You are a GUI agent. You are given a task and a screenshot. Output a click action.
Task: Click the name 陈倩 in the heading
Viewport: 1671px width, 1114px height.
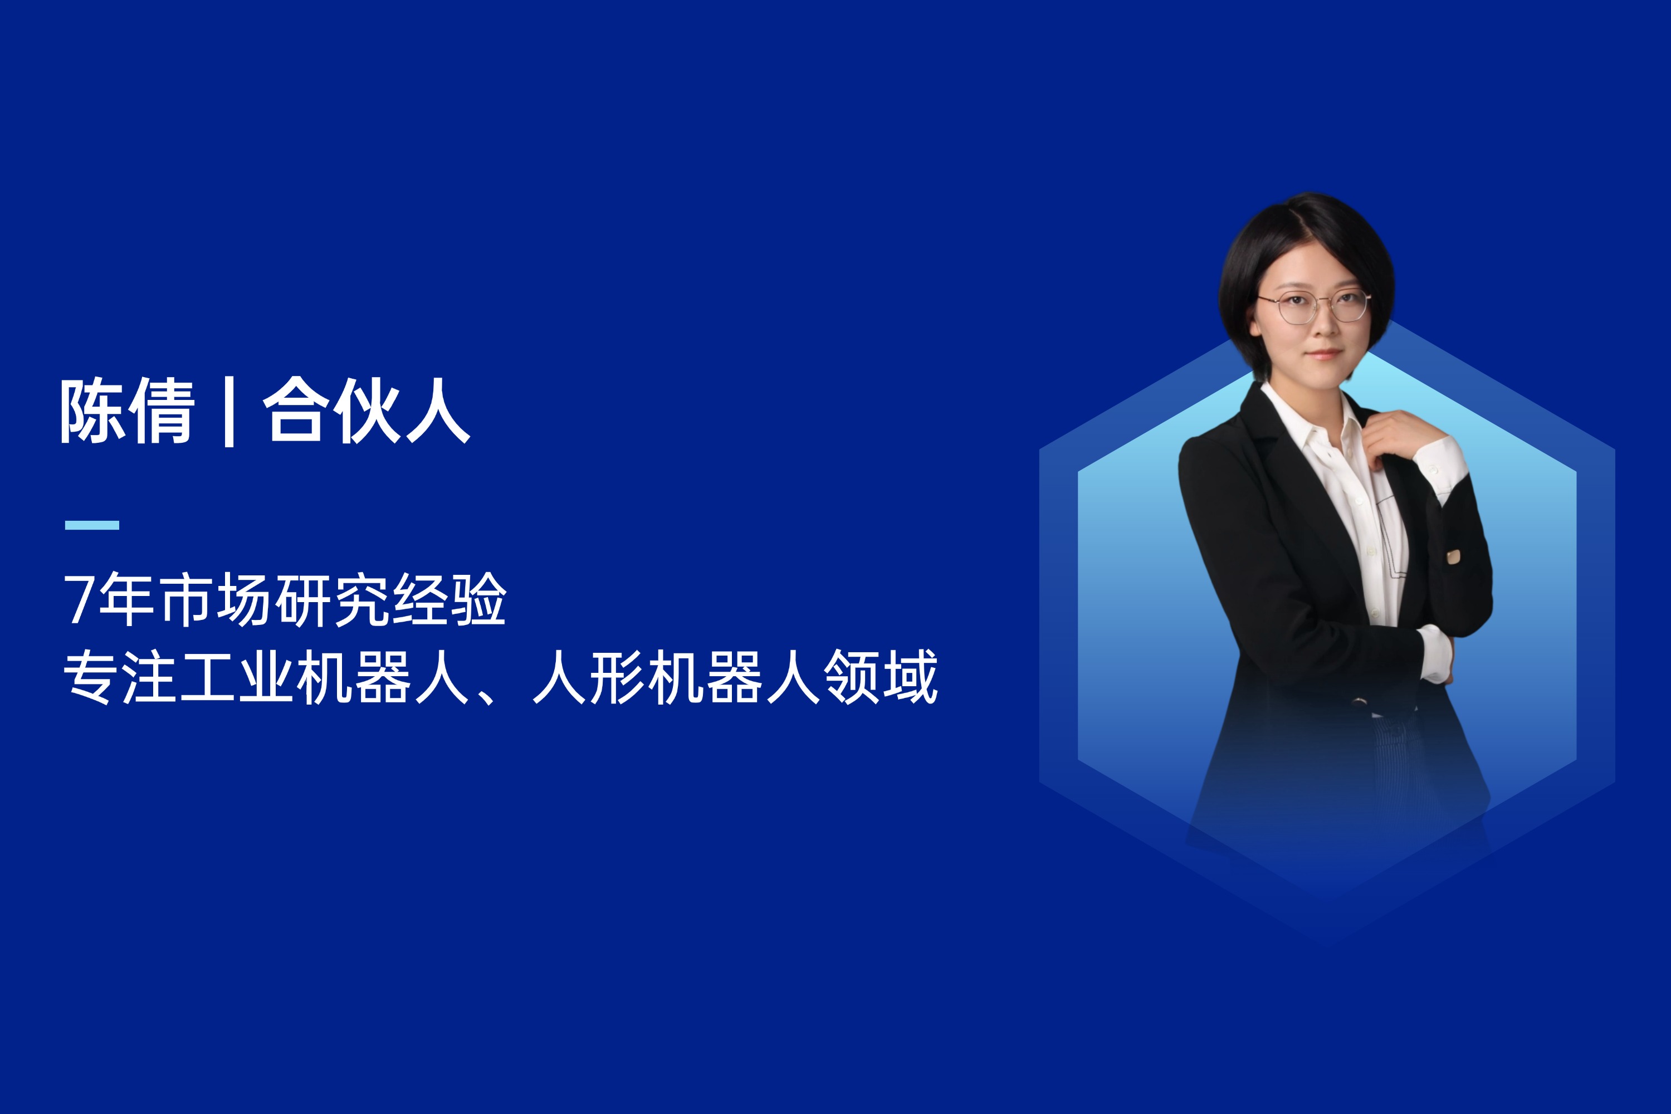(x=127, y=411)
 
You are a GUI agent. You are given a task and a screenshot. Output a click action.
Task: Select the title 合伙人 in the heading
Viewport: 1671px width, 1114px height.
(x=367, y=411)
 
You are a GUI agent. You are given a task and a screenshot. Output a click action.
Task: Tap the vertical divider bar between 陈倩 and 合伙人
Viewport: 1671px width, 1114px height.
(x=229, y=412)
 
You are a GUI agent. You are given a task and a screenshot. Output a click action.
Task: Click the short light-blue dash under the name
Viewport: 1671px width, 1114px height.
(x=92, y=525)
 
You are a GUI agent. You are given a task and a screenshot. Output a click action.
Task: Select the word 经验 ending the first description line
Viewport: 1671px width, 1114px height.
(x=449, y=600)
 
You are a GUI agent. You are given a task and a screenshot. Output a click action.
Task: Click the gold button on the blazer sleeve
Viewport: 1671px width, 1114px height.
(x=1454, y=556)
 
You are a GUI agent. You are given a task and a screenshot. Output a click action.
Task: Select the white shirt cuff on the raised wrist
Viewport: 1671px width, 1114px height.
(x=1441, y=468)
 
